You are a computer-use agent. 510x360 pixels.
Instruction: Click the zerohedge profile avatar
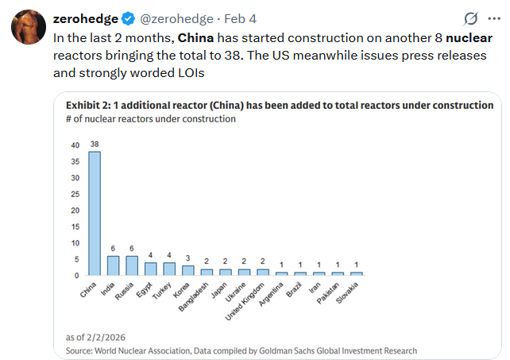click(x=27, y=28)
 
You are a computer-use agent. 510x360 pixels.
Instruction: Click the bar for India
click(x=113, y=265)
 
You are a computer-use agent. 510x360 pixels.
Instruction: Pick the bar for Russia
click(x=131, y=265)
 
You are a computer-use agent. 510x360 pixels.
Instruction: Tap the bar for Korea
click(x=187, y=270)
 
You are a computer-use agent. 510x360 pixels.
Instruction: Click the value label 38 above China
click(x=94, y=144)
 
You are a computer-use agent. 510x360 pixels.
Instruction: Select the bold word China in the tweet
click(x=195, y=37)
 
